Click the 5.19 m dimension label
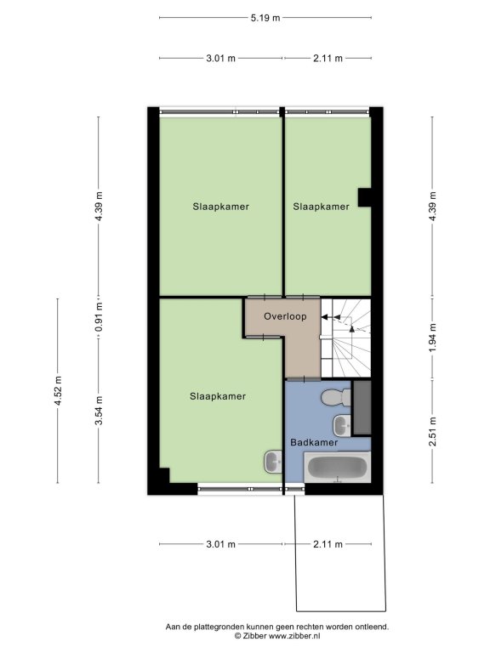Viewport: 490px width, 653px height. click(x=265, y=18)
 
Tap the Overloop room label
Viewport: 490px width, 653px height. click(x=285, y=316)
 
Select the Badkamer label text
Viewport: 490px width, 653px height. click(x=314, y=442)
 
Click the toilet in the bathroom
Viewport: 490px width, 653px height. click(x=336, y=397)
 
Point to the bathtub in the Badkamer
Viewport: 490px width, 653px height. click(x=338, y=468)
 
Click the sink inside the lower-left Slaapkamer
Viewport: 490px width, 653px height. click(x=274, y=462)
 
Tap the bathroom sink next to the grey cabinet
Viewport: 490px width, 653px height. click(x=343, y=425)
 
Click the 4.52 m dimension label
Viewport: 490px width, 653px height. click(x=58, y=390)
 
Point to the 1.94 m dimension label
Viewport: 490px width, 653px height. click(x=432, y=338)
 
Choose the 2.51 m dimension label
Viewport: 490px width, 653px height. click(x=432, y=431)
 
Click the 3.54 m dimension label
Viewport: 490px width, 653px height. click(x=99, y=411)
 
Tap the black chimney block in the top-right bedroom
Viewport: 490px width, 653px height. click(x=365, y=197)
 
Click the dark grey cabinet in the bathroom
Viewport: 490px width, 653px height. click(x=362, y=408)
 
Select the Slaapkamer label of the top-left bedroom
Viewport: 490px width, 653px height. click(x=221, y=207)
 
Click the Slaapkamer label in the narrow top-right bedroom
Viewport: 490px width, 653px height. click(x=321, y=207)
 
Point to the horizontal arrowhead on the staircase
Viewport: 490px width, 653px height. click(x=324, y=317)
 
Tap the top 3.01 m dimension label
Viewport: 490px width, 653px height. click(x=221, y=59)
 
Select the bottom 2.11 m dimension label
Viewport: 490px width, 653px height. click(x=328, y=544)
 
